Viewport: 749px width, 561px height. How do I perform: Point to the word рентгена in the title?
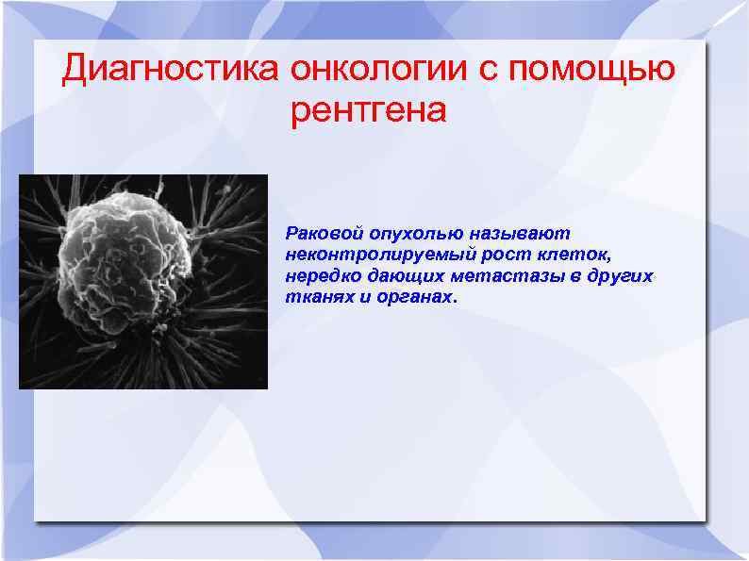click(368, 112)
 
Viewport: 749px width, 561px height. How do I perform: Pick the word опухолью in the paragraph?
click(402, 233)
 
